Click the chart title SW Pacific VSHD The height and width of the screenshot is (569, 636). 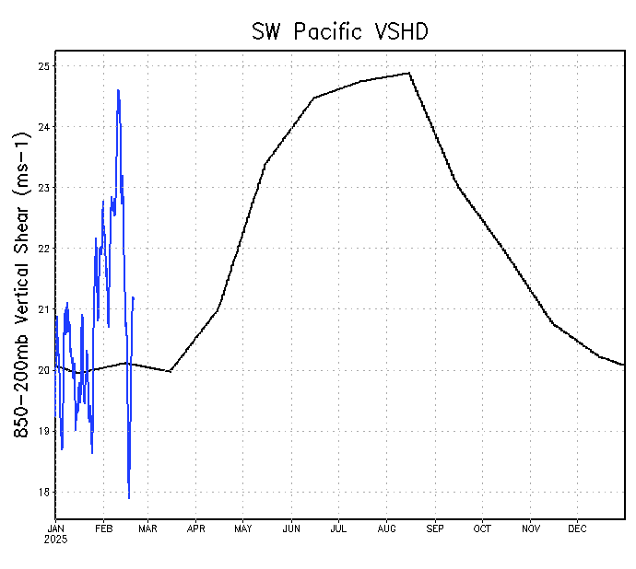click(340, 31)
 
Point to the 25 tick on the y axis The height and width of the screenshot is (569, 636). click(43, 66)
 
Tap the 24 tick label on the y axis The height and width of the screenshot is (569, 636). click(43, 127)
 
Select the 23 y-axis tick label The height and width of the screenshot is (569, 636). click(43, 188)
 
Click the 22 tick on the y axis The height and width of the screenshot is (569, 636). click(43, 249)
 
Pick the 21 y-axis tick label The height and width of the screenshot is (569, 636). click(43, 309)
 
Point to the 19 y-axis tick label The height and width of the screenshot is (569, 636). click(43, 431)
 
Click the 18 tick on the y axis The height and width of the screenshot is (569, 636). click(43, 492)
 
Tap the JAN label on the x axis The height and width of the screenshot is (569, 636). click(55, 528)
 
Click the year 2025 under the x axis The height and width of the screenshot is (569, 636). click(56, 540)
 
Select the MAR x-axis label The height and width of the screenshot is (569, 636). click(148, 528)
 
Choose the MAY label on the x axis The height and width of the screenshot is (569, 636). click(243, 528)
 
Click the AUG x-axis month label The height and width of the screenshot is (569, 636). click(386, 528)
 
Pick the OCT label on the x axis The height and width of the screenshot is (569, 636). click(482, 528)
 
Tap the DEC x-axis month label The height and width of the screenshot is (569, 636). click(577, 528)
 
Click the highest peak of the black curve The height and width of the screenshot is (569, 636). click(408, 73)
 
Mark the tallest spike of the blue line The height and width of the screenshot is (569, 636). click(118, 89)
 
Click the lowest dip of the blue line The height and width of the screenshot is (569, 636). click(129, 498)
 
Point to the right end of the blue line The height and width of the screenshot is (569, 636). click(134, 297)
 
